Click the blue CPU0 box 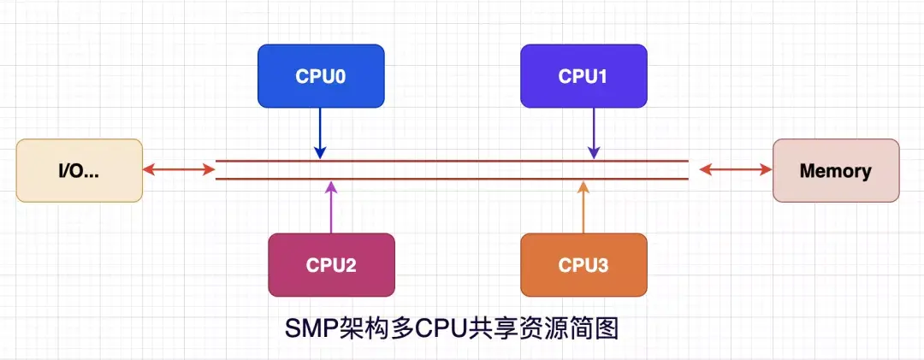click(321, 76)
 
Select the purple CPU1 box click(583, 76)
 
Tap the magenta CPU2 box click(331, 265)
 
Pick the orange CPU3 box click(583, 265)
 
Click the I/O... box click(80, 170)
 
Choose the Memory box click(836, 170)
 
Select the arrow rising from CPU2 click(332, 210)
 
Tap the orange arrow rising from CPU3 click(583, 210)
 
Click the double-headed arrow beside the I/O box click(179, 170)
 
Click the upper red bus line click(453, 160)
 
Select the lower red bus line click(453, 179)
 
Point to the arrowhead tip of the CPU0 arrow click(320, 156)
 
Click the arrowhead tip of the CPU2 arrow click(332, 183)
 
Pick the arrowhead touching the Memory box click(767, 170)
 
